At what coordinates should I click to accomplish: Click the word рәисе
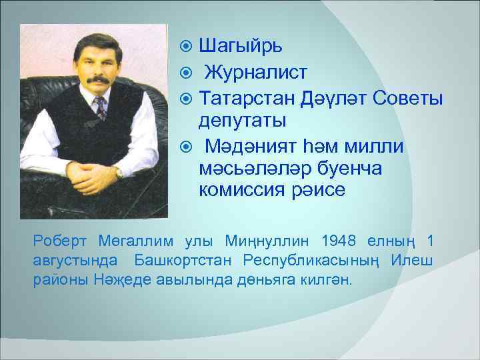tap(323, 190)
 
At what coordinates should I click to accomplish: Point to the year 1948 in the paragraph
tap(340, 240)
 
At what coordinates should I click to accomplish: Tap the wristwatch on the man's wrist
tap(119, 172)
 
